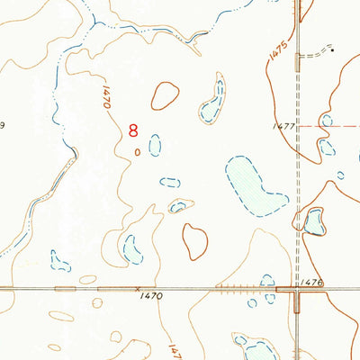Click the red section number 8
(x=135, y=130)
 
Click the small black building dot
(x=333, y=50)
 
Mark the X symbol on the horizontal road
(x=137, y=290)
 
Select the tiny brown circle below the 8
(x=137, y=152)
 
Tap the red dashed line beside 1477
(x=328, y=126)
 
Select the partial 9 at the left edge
(x=3, y=127)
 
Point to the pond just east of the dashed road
(x=313, y=220)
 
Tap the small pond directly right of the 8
(x=155, y=144)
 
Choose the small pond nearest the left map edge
(x=60, y=261)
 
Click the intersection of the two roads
(x=297, y=290)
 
